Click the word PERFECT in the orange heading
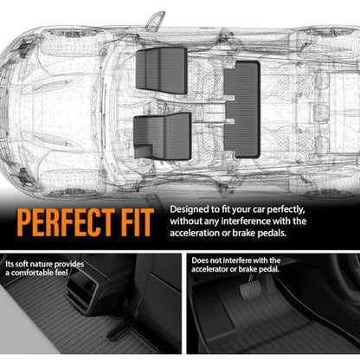(x=66, y=222)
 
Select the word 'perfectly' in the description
(x=286, y=209)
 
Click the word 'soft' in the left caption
(x=22, y=264)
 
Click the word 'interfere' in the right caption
(x=236, y=260)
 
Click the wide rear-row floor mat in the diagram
(x=242, y=109)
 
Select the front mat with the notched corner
(x=162, y=136)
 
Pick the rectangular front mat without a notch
(x=162, y=70)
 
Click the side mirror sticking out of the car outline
(x=155, y=21)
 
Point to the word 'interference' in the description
(x=246, y=222)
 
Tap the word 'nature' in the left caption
(x=42, y=264)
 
